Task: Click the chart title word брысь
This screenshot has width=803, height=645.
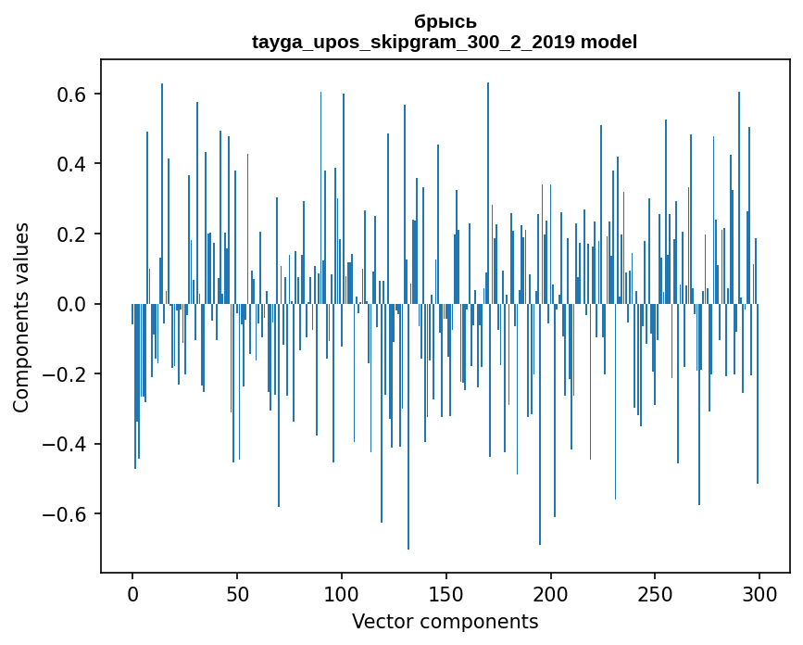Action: point(445,22)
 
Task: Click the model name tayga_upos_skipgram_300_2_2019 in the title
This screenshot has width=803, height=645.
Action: point(414,42)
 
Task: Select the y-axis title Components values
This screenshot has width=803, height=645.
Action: point(21,317)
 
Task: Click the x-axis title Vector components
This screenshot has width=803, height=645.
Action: point(445,621)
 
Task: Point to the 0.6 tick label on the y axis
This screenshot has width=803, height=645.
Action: point(69,95)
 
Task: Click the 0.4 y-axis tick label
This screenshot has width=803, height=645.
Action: point(69,164)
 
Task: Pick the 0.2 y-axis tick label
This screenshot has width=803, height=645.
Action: point(69,234)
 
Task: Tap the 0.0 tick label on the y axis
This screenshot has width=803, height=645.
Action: point(69,304)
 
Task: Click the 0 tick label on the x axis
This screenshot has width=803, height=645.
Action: point(132,594)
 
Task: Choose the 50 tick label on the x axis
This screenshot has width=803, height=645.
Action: point(237,594)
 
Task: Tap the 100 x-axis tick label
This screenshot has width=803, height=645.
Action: point(342,594)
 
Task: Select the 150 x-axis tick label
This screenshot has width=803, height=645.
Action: point(446,594)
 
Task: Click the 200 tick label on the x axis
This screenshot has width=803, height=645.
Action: point(551,594)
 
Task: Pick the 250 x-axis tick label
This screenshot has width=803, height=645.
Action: point(655,594)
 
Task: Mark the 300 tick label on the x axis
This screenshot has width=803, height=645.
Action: point(759,594)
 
